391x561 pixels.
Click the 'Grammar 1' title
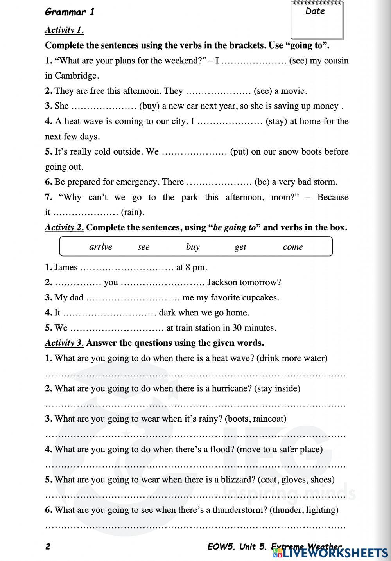(x=70, y=12)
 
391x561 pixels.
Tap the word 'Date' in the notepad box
(x=315, y=11)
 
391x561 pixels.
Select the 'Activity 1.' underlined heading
(x=64, y=30)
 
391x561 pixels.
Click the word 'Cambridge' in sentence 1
(x=77, y=76)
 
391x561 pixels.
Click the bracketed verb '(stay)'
(x=276, y=121)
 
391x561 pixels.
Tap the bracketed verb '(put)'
(x=239, y=152)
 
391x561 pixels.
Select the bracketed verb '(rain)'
(x=133, y=212)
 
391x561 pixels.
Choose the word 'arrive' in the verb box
(x=100, y=247)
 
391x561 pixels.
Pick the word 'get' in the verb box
(x=240, y=247)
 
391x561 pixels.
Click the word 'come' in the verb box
(x=293, y=247)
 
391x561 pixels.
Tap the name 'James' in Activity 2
(x=66, y=268)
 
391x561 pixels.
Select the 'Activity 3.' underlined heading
(x=64, y=343)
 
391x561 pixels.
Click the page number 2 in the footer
(x=48, y=547)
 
